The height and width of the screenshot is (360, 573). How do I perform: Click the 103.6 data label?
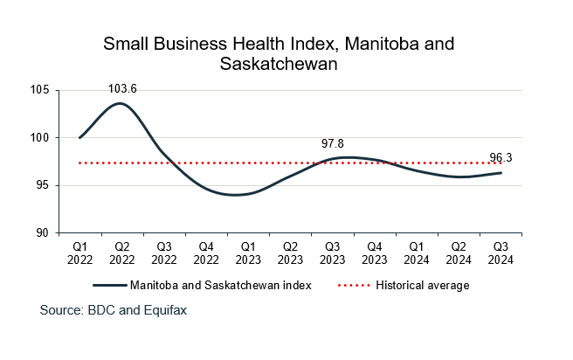point(121,88)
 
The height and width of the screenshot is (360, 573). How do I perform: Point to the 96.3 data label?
point(501,158)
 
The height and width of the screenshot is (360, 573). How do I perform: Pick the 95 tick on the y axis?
point(43,185)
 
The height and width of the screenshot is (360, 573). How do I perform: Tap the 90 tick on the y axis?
point(43,233)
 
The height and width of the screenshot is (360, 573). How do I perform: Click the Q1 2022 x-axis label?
point(79,253)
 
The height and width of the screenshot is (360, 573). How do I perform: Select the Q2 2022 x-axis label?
point(121,253)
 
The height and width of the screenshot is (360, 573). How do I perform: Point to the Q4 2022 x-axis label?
point(206,253)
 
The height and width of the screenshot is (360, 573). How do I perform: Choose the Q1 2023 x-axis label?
point(248,253)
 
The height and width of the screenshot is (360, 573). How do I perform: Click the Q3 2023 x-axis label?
point(332,253)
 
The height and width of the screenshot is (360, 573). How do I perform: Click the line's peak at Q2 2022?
point(121,103)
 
